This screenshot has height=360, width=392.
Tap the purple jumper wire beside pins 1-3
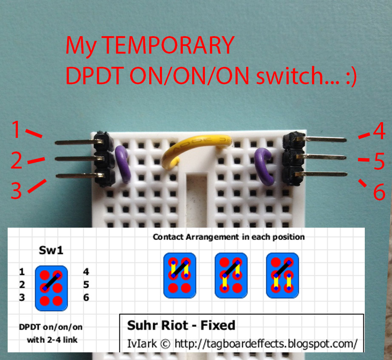click(123, 163)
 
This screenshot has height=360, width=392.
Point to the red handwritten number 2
click(16, 162)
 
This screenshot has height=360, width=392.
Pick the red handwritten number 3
click(16, 191)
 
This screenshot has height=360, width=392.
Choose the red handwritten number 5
click(379, 162)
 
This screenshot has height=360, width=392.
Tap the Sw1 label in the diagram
click(51, 250)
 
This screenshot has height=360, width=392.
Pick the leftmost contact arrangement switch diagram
click(179, 275)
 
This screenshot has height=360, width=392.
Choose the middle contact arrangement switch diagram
click(231, 275)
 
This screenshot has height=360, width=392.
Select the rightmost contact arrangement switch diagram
click(282, 275)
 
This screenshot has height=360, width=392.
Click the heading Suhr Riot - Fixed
click(181, 326)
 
